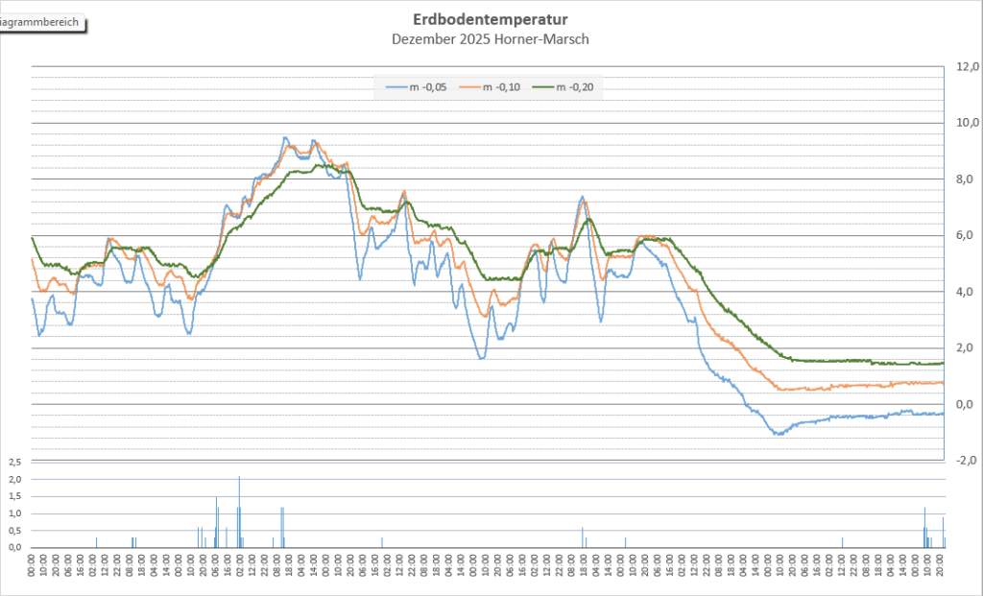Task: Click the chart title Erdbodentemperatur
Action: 490,19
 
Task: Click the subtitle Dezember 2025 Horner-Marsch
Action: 490,39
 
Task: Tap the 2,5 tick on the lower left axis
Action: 14,463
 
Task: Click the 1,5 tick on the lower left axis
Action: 14,496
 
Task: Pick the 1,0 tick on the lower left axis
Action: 14,513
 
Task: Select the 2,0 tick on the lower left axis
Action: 14,479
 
